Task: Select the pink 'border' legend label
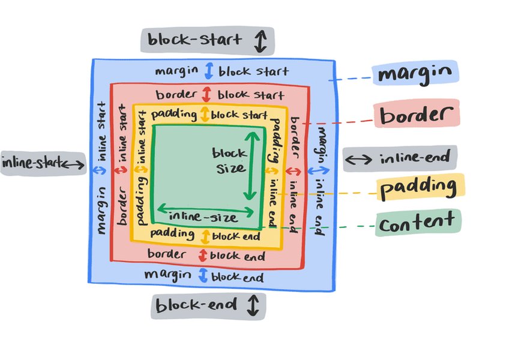(x=416, y=115)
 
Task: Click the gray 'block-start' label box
(x=208, y=41)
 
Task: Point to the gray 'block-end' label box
(x=208, y=305)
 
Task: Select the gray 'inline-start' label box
(x=43, y=163)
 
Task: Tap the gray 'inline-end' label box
(x=400, y=158)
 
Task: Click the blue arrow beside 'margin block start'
(x=208, y=71)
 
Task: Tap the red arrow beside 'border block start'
(x=207, y=95)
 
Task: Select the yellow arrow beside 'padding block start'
(x=205, y=114)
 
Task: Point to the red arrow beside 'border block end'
(x=202, y=256)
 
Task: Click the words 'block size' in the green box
(x=230, y=160)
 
